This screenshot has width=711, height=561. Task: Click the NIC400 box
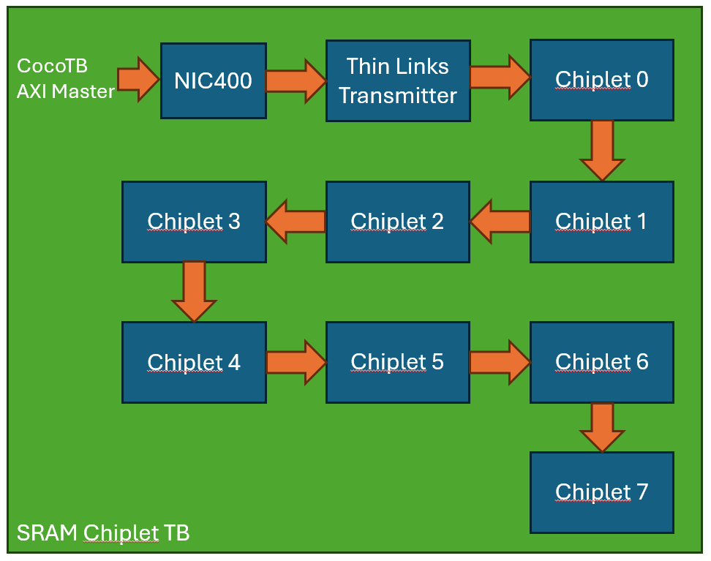[x=213, y=80]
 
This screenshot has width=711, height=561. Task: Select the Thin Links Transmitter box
[x=397, y=80]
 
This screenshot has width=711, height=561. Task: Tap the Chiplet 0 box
[x=601, y=80]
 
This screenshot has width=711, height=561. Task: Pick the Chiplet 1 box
[x=601, y=222]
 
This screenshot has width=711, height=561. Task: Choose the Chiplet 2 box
[x=397, y=222]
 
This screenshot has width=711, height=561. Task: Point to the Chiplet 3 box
[x=194, y=222]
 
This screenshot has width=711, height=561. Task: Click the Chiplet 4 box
[x=194, y=362]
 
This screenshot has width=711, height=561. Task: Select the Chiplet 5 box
[x=397, y=362]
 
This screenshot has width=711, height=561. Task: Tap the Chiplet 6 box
[x=601, y=362]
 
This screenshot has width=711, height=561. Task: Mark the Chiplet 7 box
[x=601, y=492]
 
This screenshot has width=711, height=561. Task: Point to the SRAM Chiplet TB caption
[x=103, y=533]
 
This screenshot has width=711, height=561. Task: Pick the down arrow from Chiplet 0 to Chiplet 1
[x=602, y=150]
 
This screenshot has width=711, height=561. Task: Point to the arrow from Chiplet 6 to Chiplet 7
[x=602, y=426]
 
